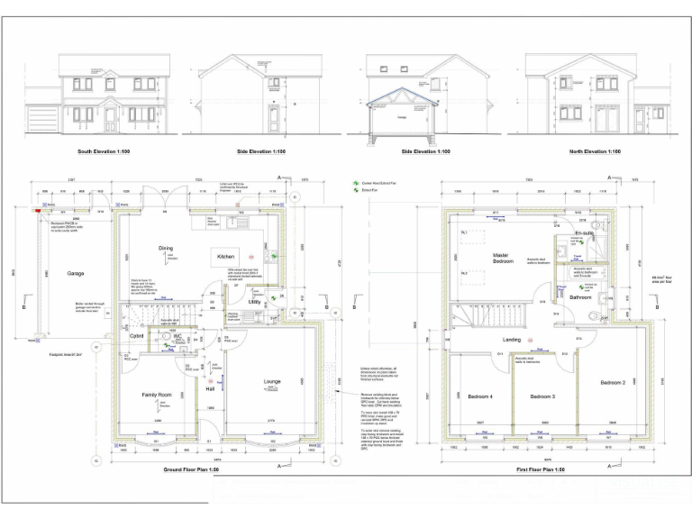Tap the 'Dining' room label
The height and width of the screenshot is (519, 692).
coord(165,247)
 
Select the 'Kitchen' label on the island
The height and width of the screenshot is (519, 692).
coord(225,257)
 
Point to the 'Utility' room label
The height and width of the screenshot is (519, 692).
coord(255,304)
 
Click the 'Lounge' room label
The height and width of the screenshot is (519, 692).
coord(272,382)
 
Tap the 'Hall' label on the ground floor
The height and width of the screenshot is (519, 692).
coord(209,389)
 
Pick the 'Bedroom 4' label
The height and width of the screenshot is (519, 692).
coord(479,396)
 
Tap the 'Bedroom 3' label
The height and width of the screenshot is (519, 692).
coord(542,396)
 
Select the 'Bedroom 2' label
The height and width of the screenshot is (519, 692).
coord(613,383)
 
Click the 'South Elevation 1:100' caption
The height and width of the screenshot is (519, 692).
coord(105,151)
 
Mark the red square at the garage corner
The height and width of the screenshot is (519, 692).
coord(37,211)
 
